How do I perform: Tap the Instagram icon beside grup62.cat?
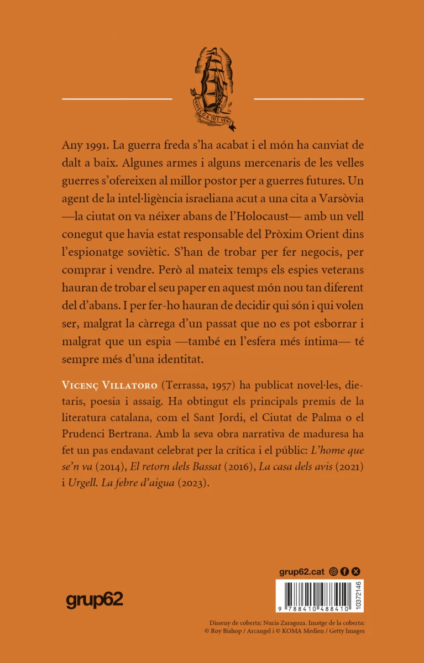[x=333, y=572]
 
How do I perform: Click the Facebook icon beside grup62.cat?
[x=344, y=572]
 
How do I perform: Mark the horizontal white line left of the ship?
[x=117, y=99]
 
